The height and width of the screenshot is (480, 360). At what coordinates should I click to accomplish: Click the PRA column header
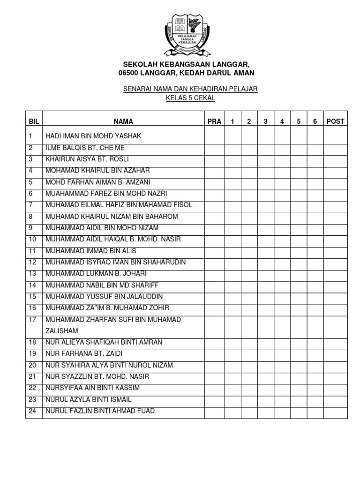click(x=214, y=121)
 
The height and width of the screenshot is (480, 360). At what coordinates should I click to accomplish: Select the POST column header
click(x=335, y=121)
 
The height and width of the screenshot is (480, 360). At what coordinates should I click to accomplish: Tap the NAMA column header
click(x=123, y=121)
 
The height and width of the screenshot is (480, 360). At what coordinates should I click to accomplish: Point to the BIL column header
click(x=34, y=121)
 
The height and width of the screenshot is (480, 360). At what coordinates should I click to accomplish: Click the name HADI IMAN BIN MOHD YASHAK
click(x=93, y=136)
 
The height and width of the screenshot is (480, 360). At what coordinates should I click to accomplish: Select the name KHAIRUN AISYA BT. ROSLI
click(x=87, y=159)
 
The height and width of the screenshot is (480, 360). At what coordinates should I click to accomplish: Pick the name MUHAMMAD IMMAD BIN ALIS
click(x=90, y=251)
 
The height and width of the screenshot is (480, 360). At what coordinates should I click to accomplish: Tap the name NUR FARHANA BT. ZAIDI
click(x=84, y=353)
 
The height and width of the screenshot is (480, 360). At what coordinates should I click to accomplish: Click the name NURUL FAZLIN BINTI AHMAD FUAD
click(x=100, y=411)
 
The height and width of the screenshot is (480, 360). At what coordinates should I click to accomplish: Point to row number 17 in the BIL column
click(x=32, y=320)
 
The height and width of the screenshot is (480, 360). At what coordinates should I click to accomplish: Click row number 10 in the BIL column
click(x=32, y=240)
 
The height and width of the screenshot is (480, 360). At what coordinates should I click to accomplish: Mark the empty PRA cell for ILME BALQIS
click(x=214, y=148)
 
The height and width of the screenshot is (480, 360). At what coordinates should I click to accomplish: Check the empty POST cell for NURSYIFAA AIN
click(x=335, y=388)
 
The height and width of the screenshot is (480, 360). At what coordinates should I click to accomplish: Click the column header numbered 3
click(x=265, y=121)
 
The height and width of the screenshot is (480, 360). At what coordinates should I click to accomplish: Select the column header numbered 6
click(x=315, y=121)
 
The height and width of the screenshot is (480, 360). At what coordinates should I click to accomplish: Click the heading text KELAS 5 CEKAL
click(x=190, y=98)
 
